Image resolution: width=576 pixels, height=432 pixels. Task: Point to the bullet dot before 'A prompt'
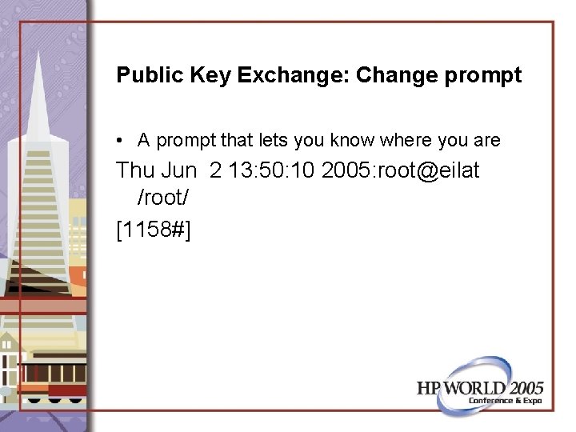click(118, 142)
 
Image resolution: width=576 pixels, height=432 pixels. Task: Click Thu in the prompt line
click(136, 170)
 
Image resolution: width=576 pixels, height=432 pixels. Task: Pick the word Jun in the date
click(181, 170)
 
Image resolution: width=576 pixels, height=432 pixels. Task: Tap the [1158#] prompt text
click(154, 230)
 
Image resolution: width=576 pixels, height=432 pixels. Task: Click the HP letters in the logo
click(430, 388)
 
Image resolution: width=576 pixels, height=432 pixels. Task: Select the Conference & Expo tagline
click(506, 401)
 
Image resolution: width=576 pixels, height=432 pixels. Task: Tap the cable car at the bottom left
click(48, 376)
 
